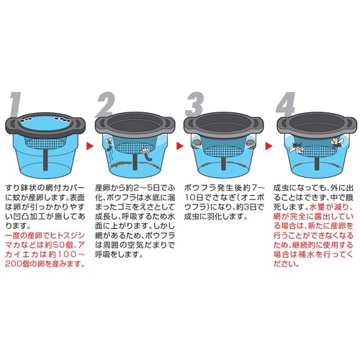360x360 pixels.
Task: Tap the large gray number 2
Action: point(105,104)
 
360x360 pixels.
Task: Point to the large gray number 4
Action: point(286,104)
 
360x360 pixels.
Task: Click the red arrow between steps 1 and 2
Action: point(90,145)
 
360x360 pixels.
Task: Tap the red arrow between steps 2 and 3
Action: point(180,145)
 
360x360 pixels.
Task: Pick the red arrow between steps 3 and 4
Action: point(269,145)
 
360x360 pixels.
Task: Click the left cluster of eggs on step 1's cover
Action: point(27,118)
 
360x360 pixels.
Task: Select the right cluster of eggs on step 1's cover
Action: point(63,118)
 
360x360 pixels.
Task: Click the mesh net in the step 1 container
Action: point(45,144)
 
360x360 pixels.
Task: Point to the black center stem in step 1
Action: point(45,160)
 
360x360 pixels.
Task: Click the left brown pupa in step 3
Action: point(197,143)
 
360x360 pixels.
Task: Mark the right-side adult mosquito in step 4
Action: point(337,143)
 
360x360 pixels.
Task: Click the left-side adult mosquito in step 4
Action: point(297,148)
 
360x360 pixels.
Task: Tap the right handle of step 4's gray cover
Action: point(351,124)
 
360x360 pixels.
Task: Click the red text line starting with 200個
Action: point(45,264)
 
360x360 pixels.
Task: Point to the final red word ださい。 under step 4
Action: point(287,264)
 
